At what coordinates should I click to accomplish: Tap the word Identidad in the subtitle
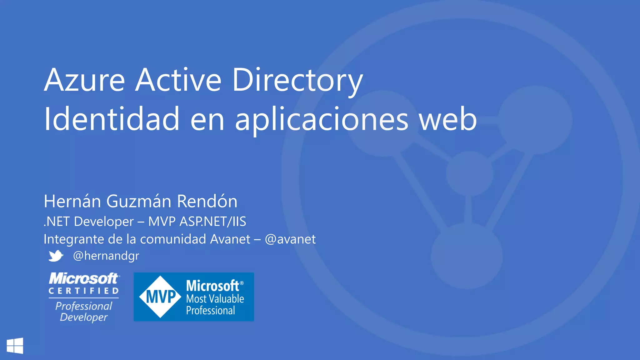pos(112,119)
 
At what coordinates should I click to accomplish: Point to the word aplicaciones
pos(321,120)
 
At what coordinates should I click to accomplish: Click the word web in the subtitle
pos(448,119)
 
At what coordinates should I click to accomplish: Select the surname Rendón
pos(207,201)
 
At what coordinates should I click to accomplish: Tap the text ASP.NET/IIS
pos(213,222)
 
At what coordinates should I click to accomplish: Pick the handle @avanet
pos(290,239)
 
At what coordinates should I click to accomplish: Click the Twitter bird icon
pos(56,256)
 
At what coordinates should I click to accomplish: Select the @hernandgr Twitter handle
pos(106,256)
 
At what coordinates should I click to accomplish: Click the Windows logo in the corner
pos(15,346)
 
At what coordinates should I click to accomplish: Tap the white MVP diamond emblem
pos(160,297)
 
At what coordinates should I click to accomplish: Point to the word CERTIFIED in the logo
pos(84,291)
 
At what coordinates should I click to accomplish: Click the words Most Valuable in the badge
pos(215,299)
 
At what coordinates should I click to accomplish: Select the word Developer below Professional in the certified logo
pos(84,317)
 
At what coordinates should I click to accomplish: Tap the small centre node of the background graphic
pos(469,174)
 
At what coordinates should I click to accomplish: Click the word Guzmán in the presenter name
pos(139,201)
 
